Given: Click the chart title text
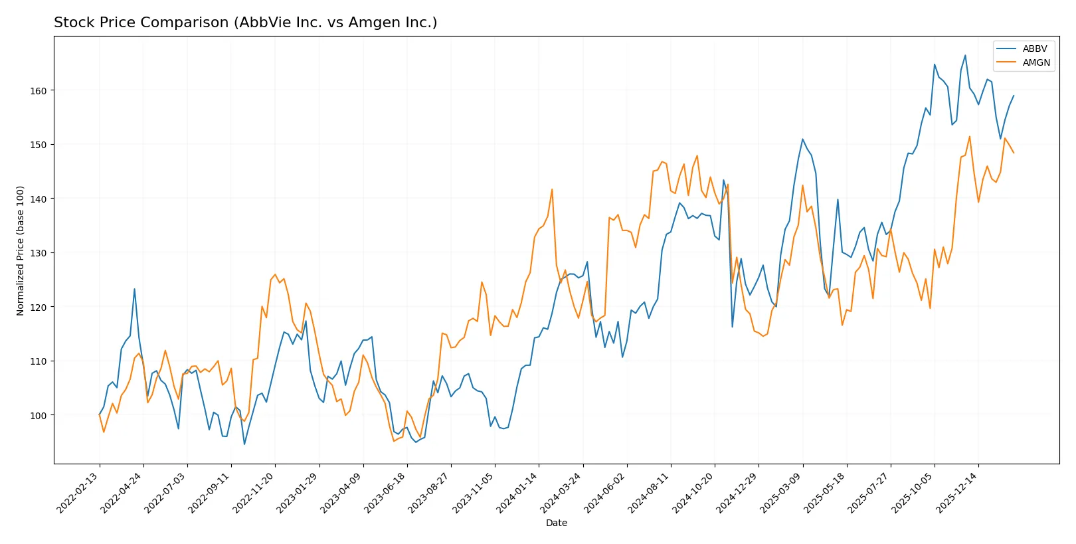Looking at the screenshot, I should [x=245, y=23].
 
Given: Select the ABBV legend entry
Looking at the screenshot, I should [x=1034, y=48].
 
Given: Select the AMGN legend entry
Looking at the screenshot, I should [x=1035, y=62].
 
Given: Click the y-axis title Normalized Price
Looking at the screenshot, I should [x=20, y=250].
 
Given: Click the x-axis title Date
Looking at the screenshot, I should [x=556, y=523].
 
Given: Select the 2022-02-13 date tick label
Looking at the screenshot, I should [x=78, y=493].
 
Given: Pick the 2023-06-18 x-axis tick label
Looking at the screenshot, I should [x=386, y=493].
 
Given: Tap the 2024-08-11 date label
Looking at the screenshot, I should [x=650, y=493].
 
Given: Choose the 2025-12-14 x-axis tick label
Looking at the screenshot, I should [x=957, y=493].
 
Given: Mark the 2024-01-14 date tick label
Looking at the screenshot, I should [x=517, y=493].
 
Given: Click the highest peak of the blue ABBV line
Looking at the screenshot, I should [x=965, y=55].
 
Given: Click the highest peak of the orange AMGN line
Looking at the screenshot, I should [x=970, y=137].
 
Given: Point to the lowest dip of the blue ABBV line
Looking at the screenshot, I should [x=244, y=444].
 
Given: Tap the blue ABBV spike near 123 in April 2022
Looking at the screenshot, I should [x=135, y=289].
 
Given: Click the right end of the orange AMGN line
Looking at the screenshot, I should [x=1014, y=153].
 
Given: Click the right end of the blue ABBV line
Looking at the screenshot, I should [x=1014, y=96].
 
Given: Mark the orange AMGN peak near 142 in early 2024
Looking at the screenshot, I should [x=552, y=189].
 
